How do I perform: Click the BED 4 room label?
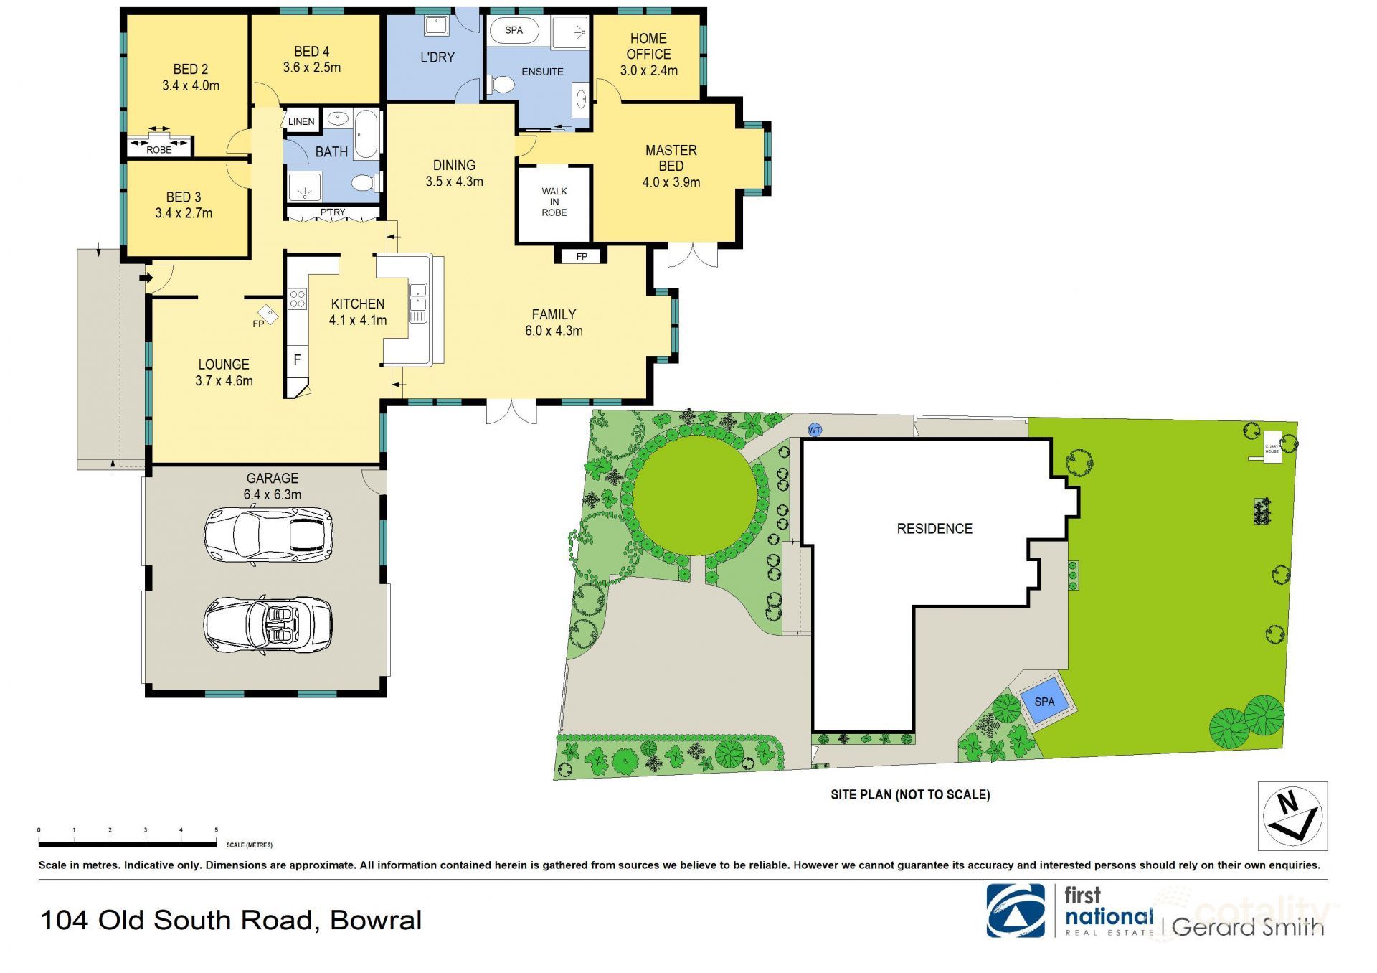(311, 52)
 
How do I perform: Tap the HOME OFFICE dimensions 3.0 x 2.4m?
(648, 70)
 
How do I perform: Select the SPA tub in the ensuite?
(514, 31)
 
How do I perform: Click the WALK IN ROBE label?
(554, 202)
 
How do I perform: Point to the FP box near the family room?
(581, 256)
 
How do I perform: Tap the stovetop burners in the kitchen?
(297, 299)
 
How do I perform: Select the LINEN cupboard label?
(301, 121)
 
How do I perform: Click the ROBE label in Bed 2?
(158, 149)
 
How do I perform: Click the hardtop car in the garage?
(268, 536)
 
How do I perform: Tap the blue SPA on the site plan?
(1044, 701)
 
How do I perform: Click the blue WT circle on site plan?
(815, 430)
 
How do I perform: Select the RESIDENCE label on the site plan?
(934, 529)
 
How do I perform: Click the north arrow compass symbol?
(1292, 816)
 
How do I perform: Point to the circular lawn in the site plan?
(694, 495)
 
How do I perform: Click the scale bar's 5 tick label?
(216, 830)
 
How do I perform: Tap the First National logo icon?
(1015, 911)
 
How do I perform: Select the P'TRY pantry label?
(332, 212)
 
